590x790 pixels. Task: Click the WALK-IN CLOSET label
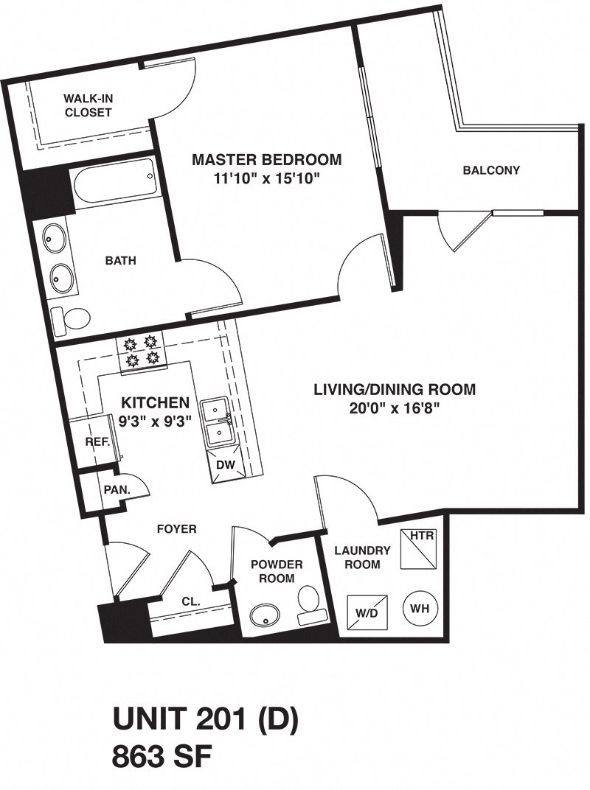click(87, 105)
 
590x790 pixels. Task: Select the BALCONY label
click(491, 170)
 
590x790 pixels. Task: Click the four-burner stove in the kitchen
click(142, 350)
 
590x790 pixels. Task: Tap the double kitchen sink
click(218, 422)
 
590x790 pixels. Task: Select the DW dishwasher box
click(225, 466)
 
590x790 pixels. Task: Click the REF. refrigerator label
click(97, 442)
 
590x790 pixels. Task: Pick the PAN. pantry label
click(117, 489)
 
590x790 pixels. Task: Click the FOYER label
click(177, 528)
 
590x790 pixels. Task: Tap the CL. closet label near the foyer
click(191, 602)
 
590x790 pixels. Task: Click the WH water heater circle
click(419, 609)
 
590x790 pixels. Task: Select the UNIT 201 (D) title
click(204, 720)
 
